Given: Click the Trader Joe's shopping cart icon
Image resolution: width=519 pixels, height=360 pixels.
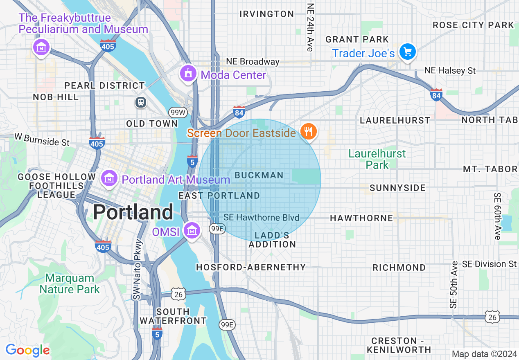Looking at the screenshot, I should coord(407,52).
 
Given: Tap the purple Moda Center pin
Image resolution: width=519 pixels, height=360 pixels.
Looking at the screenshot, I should coord(188,73).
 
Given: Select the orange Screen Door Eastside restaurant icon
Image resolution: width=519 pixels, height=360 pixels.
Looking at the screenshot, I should coord(308,132).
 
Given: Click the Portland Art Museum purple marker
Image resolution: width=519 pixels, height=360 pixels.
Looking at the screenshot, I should coord(109,178).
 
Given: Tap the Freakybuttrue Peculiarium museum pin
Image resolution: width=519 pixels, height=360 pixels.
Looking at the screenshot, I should coord(41,48).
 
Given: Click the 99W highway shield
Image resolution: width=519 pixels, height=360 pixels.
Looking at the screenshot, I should coord(176,112).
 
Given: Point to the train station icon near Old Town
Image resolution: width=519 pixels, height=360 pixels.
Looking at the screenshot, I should coord(141,102).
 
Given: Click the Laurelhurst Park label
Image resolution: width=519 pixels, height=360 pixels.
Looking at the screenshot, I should coord(377,159).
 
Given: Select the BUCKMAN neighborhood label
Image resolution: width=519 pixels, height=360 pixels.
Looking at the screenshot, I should coord(259,175).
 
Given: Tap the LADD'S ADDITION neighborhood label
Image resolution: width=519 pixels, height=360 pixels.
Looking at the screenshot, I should coord(272,240).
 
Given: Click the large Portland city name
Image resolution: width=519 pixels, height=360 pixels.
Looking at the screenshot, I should coord(133,212).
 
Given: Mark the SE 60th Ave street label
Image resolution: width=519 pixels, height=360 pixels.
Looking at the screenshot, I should coord(497,216).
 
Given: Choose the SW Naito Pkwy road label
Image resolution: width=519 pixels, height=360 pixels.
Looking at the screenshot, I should coord(138,270).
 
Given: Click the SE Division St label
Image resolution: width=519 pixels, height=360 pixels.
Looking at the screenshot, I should coord(490,264).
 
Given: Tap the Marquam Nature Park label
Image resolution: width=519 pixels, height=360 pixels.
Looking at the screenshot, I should coord(70,283).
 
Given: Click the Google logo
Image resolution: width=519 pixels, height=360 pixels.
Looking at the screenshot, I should coord(27,350).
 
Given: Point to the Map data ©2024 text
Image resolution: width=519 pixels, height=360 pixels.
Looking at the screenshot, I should coord(484,353).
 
